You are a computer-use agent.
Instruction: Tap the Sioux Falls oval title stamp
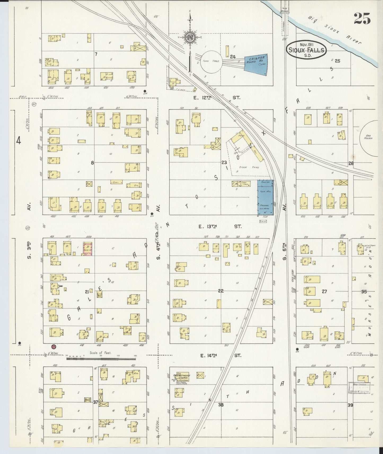[306, 49]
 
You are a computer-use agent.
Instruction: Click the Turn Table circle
[211, 61]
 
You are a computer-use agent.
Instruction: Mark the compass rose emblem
[190, 37]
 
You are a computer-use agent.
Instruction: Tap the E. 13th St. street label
[220, 226]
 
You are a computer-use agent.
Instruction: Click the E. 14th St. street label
[220, 355]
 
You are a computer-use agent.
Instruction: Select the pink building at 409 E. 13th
[88, 249]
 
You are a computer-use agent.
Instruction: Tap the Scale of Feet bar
[101, 358]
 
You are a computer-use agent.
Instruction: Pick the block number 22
[221, 291]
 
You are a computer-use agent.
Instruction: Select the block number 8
[92, 163]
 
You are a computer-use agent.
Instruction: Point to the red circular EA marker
[54, 346]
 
